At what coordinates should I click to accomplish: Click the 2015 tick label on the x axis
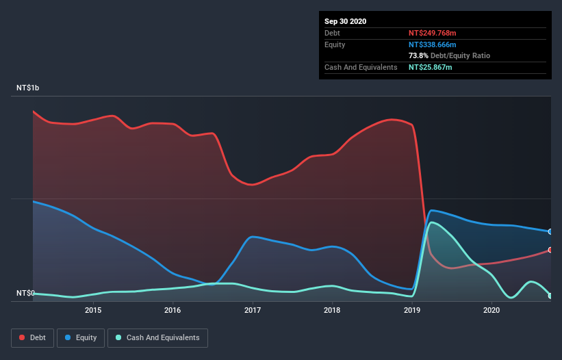point(93,310)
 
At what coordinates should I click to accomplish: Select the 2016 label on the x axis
point(173,310)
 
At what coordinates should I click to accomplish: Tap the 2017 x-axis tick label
point(253,310)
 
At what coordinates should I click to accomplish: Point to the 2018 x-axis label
point(332,310)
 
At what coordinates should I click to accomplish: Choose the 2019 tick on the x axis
point(412,310)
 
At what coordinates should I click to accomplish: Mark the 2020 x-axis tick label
point(491,310)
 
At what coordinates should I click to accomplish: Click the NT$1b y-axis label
point(28,88)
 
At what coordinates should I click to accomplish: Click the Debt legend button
point(31,337)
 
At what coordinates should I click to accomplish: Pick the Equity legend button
point(81,337)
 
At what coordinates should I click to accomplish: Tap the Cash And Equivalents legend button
point(157,337)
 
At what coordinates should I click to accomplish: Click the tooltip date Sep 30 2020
point(346,21)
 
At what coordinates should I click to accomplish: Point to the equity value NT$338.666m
point(432,44)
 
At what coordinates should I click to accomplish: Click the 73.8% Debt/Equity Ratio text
point(449,55)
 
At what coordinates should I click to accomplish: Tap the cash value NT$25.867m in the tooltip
point(430,67)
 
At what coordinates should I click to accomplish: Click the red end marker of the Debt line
point(550,250)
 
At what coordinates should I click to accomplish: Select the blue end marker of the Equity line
point(550,231)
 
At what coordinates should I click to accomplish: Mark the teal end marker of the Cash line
point(550,296)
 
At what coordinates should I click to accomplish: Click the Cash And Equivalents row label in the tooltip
point(361,67)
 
